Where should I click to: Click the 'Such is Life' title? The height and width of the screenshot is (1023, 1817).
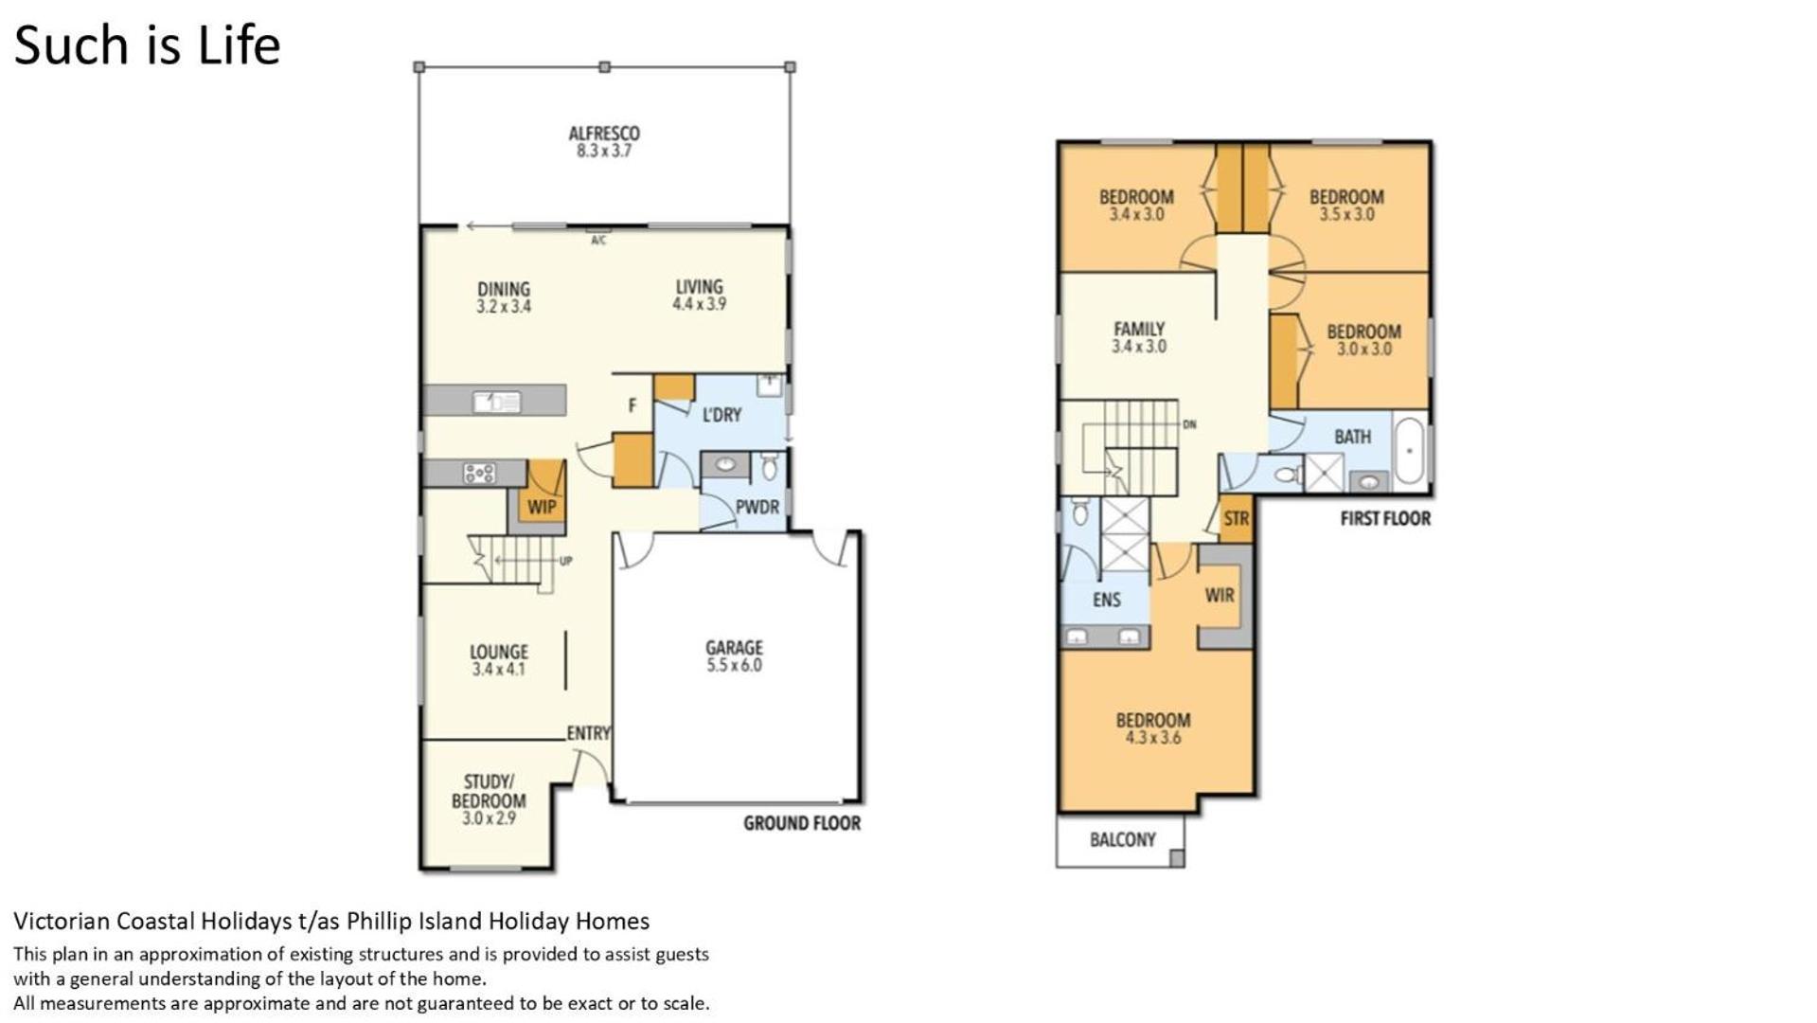pyautogui.click(x=147, y=45)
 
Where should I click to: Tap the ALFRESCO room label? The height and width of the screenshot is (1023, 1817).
pyautogui.click(x=604, y=134)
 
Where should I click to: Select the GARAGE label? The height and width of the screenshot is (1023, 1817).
pyautogui.click(x=734, y=648)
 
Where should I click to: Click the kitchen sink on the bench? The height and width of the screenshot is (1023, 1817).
pyautogui.click(x=496, y=402)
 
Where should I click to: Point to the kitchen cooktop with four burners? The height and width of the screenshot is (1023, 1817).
pyautogui.click(x=479, y=473)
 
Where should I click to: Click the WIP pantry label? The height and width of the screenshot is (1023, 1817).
pyautogui.click(x=542, y=507)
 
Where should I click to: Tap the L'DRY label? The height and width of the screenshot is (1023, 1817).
pyautogui.click(x=721, y=415)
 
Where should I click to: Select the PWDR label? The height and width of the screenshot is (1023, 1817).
pyautogui.click(x=757, y=507)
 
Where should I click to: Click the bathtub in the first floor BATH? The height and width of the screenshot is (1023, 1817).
pyautogui.click(x=1410, y=450)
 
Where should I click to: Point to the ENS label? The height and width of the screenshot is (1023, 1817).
pyautogui.click(x=1106, y=600)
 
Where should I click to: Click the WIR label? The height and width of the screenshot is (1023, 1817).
pyautogui.click(x=1220, y=595)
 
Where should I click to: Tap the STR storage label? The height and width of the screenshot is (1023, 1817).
pyautogui.click(x=1237, y=519)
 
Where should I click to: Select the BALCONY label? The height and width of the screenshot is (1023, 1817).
pyautogui.click(x=1123, y=839)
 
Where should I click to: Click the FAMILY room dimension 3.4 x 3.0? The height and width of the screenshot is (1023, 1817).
pyautogui.click(x=1139, y=347)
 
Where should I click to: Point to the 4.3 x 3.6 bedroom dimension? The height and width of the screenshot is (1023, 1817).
pyautogui.click(x=1153, y=738)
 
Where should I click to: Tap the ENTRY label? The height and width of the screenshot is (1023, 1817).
pyautogui.click(x=589, y=733)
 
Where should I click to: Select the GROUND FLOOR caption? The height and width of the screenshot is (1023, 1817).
pyautogui.click(x=802, y=823)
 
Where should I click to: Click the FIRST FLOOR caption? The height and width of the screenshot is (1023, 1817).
pyautogui.click(x=1385, y=518)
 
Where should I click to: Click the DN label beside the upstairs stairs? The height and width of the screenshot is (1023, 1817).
pyautogui.click(x=1189, y=424)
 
